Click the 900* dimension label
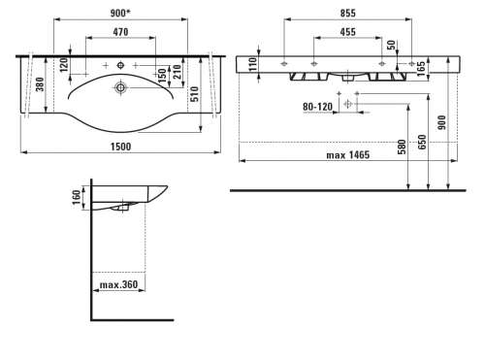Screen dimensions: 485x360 120,14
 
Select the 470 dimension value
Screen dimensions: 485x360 120,32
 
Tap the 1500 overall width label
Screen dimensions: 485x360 121,147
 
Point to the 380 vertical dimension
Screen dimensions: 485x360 40,84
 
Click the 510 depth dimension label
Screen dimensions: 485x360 194,94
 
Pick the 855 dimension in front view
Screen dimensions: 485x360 348,14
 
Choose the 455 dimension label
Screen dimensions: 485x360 348,32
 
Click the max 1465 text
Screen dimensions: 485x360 348,155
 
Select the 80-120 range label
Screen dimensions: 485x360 317,107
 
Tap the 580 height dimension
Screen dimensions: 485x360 402,147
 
